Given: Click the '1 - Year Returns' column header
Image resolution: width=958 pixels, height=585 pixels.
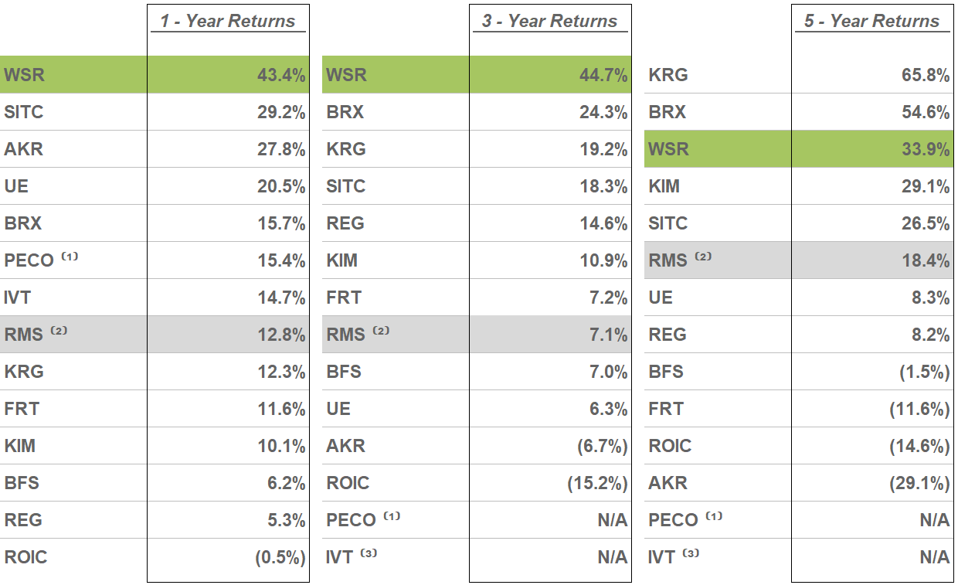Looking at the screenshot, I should tap(228, 21).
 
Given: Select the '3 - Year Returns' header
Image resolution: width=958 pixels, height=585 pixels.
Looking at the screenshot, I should tap(550, 21).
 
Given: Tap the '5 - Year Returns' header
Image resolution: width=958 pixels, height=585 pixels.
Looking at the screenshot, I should tap(872, 21).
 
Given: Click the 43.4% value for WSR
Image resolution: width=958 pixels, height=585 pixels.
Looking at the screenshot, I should tap(281, 75).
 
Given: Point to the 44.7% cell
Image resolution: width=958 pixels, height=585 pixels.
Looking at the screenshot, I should tap(603, 75).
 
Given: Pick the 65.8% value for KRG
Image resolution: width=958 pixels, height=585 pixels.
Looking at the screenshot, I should tap(926, 75).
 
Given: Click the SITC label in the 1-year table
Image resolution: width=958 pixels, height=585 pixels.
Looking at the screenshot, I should tap(24, 112).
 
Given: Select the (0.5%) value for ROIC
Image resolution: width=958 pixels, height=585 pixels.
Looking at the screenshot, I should tap(280, 557).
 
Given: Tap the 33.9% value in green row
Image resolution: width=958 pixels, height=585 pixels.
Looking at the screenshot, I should tap(926, 149).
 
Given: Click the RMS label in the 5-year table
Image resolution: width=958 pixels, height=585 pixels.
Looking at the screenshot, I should tap(668, 260).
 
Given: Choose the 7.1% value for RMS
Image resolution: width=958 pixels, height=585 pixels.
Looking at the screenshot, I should tap(608, 335).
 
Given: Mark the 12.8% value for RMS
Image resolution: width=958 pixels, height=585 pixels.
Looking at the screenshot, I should tap(281, 335).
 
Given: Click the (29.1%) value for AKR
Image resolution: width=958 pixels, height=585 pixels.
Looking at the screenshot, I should tap(919, 483).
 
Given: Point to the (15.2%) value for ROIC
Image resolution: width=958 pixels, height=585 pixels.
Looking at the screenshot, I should tap(597, 483).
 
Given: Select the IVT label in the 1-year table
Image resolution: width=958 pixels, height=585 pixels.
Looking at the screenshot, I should tap(18, 298).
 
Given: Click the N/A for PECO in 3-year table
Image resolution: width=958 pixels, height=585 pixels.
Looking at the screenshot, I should tap(612, 520).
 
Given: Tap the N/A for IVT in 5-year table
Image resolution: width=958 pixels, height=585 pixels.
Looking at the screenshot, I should tap(934, 557).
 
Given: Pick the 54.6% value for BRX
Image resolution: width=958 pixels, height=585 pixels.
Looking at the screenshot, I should tap(926, 112).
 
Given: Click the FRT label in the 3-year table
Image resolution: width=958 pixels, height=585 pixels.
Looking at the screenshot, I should tap(344, 298).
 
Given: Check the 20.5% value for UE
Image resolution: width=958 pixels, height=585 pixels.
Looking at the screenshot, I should tap(281, 186).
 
